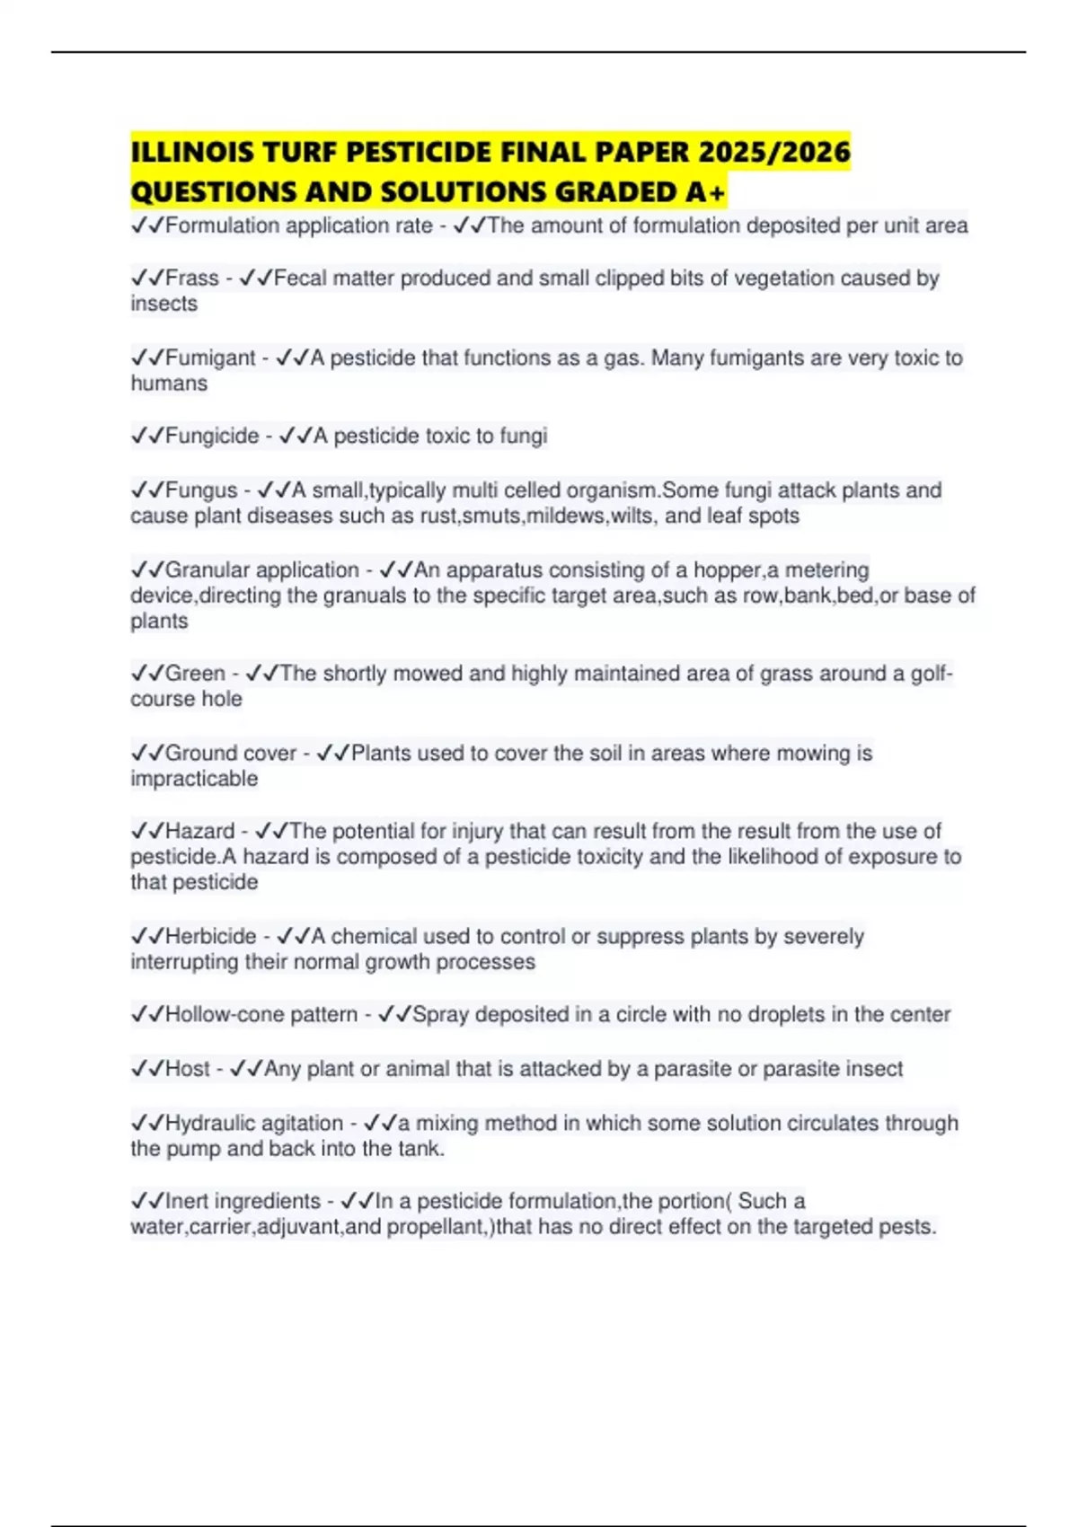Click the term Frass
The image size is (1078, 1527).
tap(191, 278)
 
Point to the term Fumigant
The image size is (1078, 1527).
tap(210, 358)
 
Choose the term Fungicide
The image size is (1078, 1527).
tap(212, 437)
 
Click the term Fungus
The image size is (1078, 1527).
tap(201, 490)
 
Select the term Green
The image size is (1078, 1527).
tap(195, 674)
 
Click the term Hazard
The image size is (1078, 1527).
tap(199, 832)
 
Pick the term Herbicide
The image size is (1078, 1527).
tap(210, 937)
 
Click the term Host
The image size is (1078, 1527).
tap(187, 1069)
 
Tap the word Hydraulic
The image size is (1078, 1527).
tap(209, 1124)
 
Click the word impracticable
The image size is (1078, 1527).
tap(194, 779)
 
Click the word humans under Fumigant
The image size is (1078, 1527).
tap(169, 384)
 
